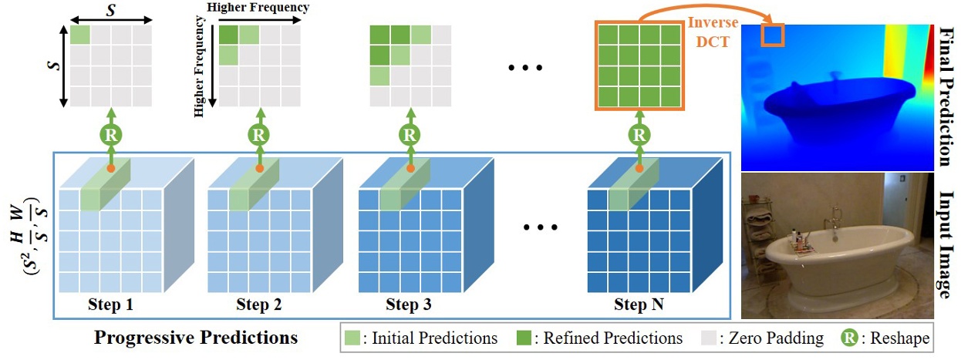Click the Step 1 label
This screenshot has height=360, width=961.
pos(110,304)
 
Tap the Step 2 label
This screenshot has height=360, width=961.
pos(259,304)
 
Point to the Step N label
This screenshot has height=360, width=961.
pos(639,304)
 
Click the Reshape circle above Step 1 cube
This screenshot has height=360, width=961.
pos(110,133)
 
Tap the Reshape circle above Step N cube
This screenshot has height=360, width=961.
pos(638,133)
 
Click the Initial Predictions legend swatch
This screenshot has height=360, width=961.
pos(355,338)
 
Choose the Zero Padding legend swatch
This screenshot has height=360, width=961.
pos(710,338)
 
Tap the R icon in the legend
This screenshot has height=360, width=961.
pos(846,338)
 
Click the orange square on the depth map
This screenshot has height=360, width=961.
pos(772,35)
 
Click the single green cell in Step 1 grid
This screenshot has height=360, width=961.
pos(80,35)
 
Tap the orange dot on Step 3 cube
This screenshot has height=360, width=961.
pos(411,168)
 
